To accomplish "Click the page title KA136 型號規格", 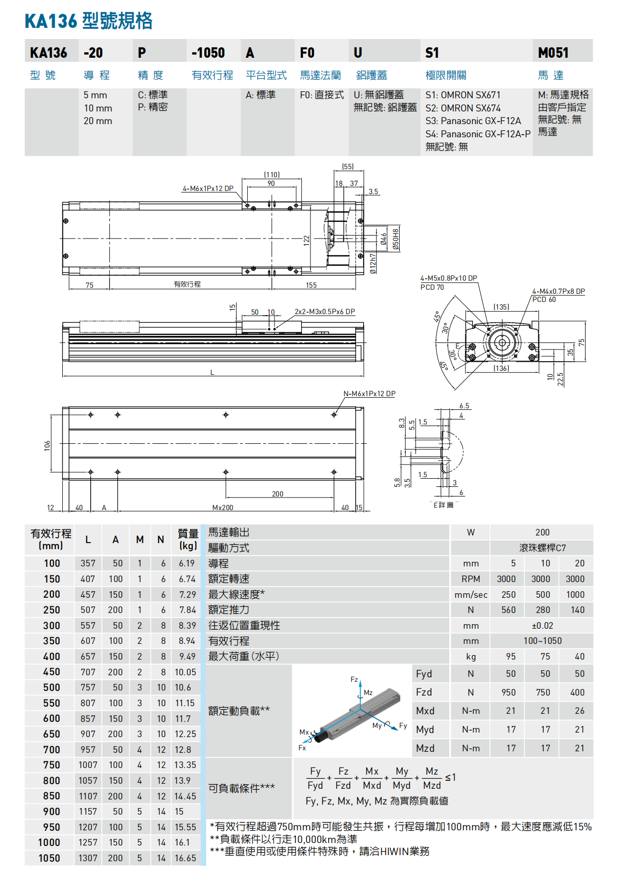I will coord(89,21).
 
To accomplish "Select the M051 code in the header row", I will coord(553,53).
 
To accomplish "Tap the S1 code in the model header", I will coord(432,53).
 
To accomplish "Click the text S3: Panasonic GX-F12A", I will coord(473,121).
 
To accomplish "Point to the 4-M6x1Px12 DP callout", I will coord(208,188).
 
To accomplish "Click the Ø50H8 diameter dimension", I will coord(396,239).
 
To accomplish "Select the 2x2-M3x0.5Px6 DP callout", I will coord(325,312).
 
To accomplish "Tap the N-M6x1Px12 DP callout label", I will coord(369,394).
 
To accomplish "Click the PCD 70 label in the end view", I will coord(432,287).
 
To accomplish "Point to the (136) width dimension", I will coord(501,368).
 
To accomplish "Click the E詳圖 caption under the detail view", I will coord(443,505).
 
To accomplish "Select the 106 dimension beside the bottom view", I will coord(47,445).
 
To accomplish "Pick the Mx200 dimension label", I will coord(222,508).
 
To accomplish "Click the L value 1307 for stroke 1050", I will coord(88,858).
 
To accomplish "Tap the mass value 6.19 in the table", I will coord(186,563).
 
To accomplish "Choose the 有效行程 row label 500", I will coord(52,687).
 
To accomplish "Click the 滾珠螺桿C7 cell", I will coord(542,548).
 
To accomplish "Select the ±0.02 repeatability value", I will coord(542,626).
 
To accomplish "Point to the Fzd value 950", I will coord(509,693).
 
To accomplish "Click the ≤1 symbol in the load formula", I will coord(450,777).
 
